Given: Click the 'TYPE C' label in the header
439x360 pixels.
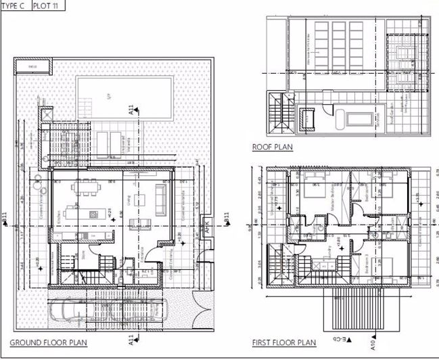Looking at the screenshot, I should click(x=14, y=5).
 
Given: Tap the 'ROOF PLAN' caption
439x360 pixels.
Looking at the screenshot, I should click(x=272, y=147).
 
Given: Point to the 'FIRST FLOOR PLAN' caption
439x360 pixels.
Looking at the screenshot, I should click(x=283, y=342).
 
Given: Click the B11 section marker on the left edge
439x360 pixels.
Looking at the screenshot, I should click(x=6, y=219).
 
